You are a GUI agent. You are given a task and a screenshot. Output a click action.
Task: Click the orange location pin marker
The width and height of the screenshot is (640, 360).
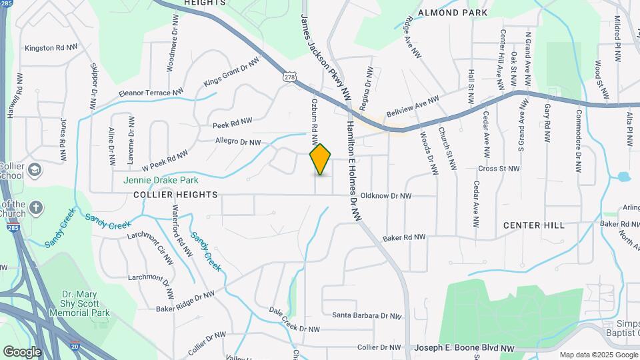click(x=321, y=159)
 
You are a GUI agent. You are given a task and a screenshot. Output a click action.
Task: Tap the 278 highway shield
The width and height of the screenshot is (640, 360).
click(x=289, y=77)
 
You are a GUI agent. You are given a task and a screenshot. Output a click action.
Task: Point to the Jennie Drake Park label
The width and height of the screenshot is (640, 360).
click(x=161, y=180)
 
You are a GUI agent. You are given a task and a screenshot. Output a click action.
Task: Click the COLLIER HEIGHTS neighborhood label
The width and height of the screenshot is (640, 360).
click(x=175, y=195)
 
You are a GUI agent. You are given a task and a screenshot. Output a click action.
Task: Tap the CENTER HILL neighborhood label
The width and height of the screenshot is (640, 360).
click(x=534, y=225)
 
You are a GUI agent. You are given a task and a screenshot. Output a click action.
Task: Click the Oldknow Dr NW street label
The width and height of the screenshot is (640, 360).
click(x=386, y=196)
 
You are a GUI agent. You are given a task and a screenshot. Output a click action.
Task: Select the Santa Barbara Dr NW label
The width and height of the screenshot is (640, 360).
click(x=367, y=316)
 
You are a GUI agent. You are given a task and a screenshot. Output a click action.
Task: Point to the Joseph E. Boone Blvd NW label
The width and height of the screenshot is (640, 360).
click(x=465, y=348)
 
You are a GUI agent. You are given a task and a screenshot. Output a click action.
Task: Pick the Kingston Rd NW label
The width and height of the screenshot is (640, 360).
click(x=51, y=48)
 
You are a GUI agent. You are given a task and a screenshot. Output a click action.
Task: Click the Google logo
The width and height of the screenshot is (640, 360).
click(x=22, y=352)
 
